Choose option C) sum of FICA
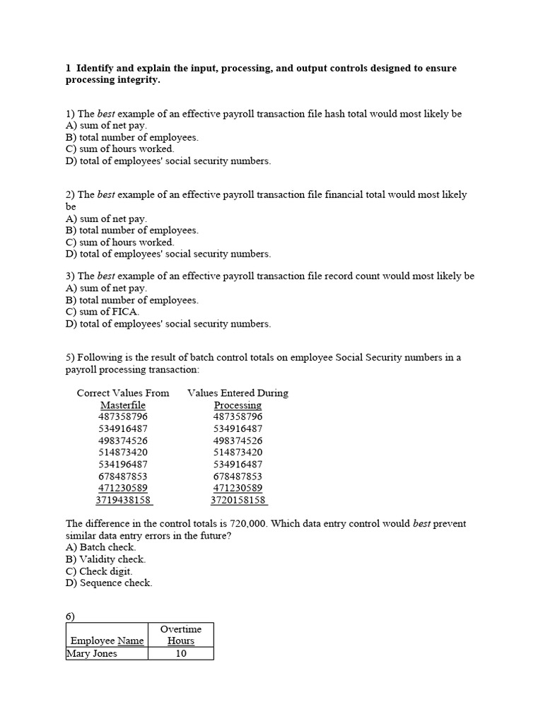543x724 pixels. [x=103, y=312]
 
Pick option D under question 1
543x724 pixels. [x=168, y=161]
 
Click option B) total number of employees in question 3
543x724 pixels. [x=132, y=300]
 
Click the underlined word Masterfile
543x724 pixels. [x=123, y=405]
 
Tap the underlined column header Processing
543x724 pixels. [x=238, y=405]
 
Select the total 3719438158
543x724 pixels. [x=123, y=500]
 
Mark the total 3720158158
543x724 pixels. [x=238, y=500]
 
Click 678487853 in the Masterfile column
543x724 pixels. [x=123, y=476]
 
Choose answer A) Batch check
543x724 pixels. [x=100, y=547]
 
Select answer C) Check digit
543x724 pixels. [x=99, y=571]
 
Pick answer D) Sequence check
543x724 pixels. [x=109, y=583]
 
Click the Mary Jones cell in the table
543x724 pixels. [x=92, y=653]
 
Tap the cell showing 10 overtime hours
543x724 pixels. [x=181, y=653]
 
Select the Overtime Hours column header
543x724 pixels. [x=181, y=635]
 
